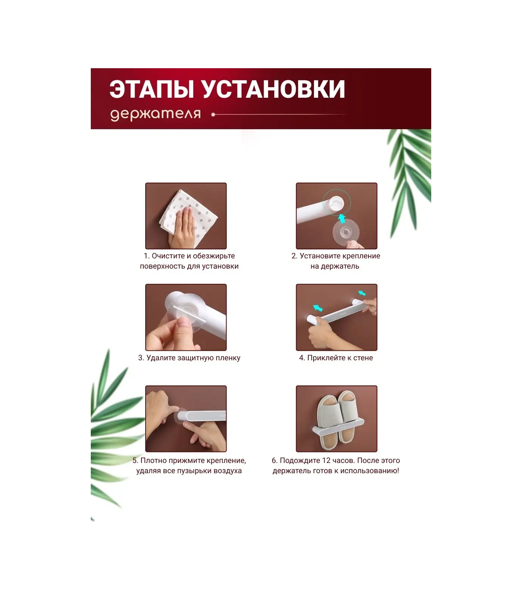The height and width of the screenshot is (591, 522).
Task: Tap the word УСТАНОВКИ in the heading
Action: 272,90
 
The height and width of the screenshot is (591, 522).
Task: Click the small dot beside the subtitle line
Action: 213,114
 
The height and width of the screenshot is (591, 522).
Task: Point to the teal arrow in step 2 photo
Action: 342,218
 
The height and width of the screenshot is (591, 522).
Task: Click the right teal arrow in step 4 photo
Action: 362,293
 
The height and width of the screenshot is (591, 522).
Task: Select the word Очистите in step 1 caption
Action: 168,256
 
